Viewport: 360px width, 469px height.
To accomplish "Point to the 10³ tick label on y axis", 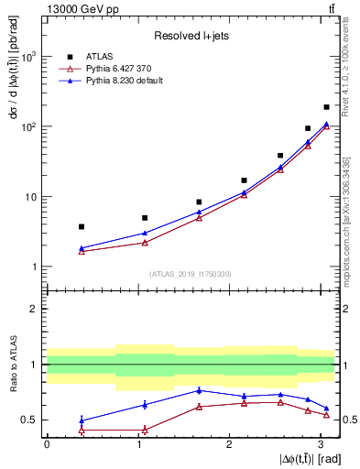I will coord(27,57).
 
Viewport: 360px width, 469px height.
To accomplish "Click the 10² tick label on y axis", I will coord(27,126).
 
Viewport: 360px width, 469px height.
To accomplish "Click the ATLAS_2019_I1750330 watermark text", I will coord(191,274).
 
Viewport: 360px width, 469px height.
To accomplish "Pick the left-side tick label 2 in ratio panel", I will coord(33,309).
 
